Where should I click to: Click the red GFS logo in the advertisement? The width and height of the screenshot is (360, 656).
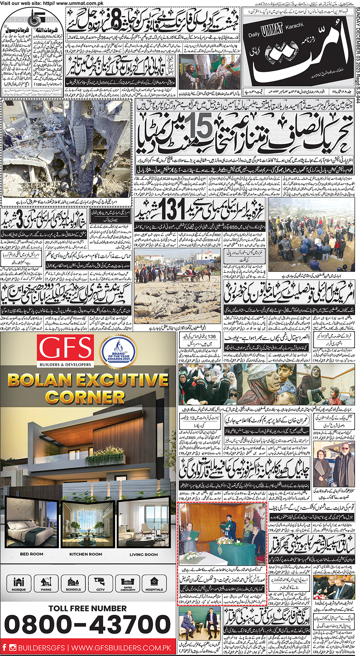point(66,347)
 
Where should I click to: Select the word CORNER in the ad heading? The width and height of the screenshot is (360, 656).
point(85,397)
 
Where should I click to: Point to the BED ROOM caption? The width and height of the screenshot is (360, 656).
point(31,554)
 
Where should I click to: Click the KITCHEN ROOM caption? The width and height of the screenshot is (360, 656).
point(85,554)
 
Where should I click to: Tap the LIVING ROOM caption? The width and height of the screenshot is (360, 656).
point(144,554)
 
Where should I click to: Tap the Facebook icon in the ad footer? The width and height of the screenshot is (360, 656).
point(4,647)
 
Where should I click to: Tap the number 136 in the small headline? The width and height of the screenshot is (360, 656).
point(211,337)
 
